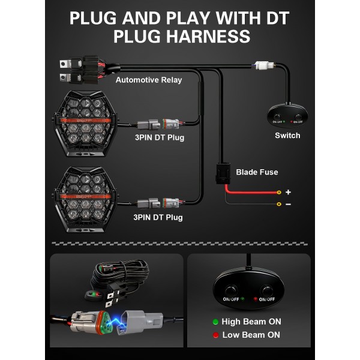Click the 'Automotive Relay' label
click(x=149, y=80)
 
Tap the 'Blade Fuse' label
click(x=257, y=172)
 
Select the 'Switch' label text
click(x=287, y=136)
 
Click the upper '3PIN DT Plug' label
click(x=160, y=137)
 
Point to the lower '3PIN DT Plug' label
click(x=158, y=217)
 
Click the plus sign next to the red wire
click(x=288, y=192)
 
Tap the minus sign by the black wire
click(x=289, y=204)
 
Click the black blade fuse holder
click(x=223, y=173)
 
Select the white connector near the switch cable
click(x=265, y=65)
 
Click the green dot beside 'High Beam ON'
click(x=215, y=322)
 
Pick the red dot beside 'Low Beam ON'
click(x=215, y=335)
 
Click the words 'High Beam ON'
click(x=251, y=322)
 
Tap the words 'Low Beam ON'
click(x=251, y=335)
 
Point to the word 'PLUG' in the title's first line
click(x=93, y=18)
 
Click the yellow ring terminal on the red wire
click(x=279, y=192)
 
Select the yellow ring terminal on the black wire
click(x=279, y=204)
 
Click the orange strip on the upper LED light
click(x=85, y=121)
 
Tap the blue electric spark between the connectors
click(x=116, y=321)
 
